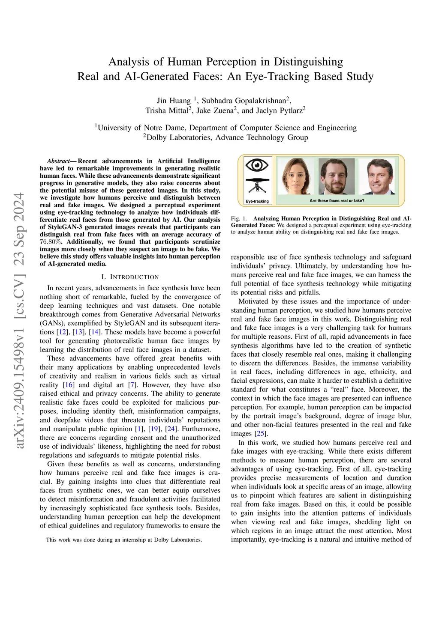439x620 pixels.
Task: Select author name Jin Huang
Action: [174, 101]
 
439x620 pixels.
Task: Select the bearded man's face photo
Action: [337, 177]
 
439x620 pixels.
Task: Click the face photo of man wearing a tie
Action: [378, 177]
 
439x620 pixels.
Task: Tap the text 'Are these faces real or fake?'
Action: [337, 200]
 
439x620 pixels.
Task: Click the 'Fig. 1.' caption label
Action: [239, 219]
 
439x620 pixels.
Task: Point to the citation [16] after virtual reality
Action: [69, 385]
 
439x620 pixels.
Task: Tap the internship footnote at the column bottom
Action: [124, 540]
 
